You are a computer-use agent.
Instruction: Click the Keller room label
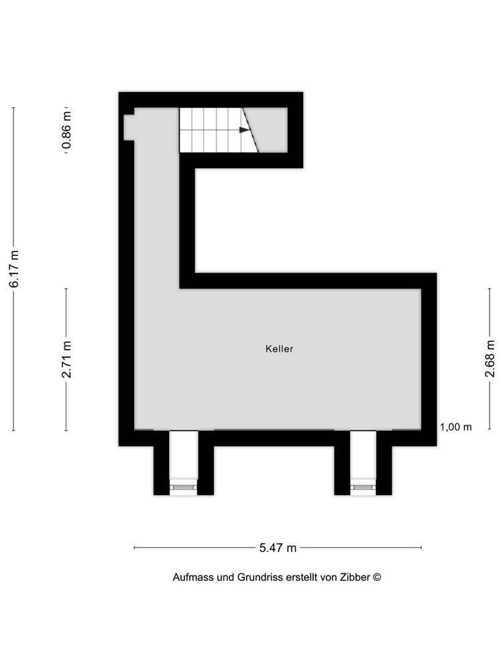pos(279,349)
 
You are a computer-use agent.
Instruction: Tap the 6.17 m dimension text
pos(14,269)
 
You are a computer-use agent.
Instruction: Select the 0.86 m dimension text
pos(66,129)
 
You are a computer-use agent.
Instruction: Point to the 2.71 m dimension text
pos(66,360)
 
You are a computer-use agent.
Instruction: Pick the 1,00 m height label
pos(456,427)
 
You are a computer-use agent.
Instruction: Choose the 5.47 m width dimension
pos(278,548)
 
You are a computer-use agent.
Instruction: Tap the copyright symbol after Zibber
pos(377,577)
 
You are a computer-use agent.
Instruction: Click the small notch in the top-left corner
pos(129,125)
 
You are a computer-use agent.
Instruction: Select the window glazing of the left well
pos(183,488)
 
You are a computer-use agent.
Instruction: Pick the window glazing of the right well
pos(364,488)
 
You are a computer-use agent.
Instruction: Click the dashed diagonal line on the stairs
pos(251,131)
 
